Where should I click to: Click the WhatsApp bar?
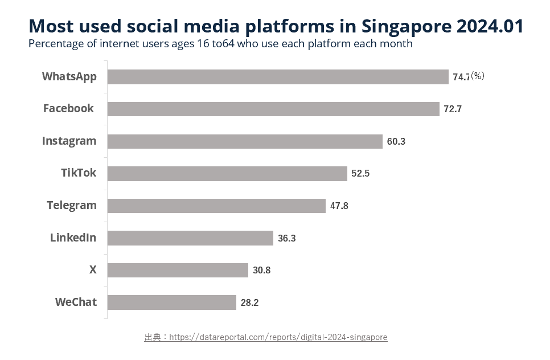[278, 77]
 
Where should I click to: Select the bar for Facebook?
[273, 109]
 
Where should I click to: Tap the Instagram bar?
[245, 141]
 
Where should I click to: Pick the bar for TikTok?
[227, 174]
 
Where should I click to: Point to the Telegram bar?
[216, 206]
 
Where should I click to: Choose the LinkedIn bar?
[190, 238]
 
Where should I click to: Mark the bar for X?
[178, 270]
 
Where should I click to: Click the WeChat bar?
[171, 302]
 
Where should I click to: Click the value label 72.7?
[453, 109]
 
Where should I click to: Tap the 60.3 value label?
[396, 142]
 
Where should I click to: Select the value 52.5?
[360, 174]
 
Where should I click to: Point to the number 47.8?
[339, 206]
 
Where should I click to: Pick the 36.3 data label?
[286, 239]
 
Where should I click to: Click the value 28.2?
[249, 303]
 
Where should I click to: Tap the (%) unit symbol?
[477, 76]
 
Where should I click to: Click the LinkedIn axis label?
[73, 238]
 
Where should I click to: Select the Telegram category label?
[72, 205]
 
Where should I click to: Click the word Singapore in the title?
[406, 26]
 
